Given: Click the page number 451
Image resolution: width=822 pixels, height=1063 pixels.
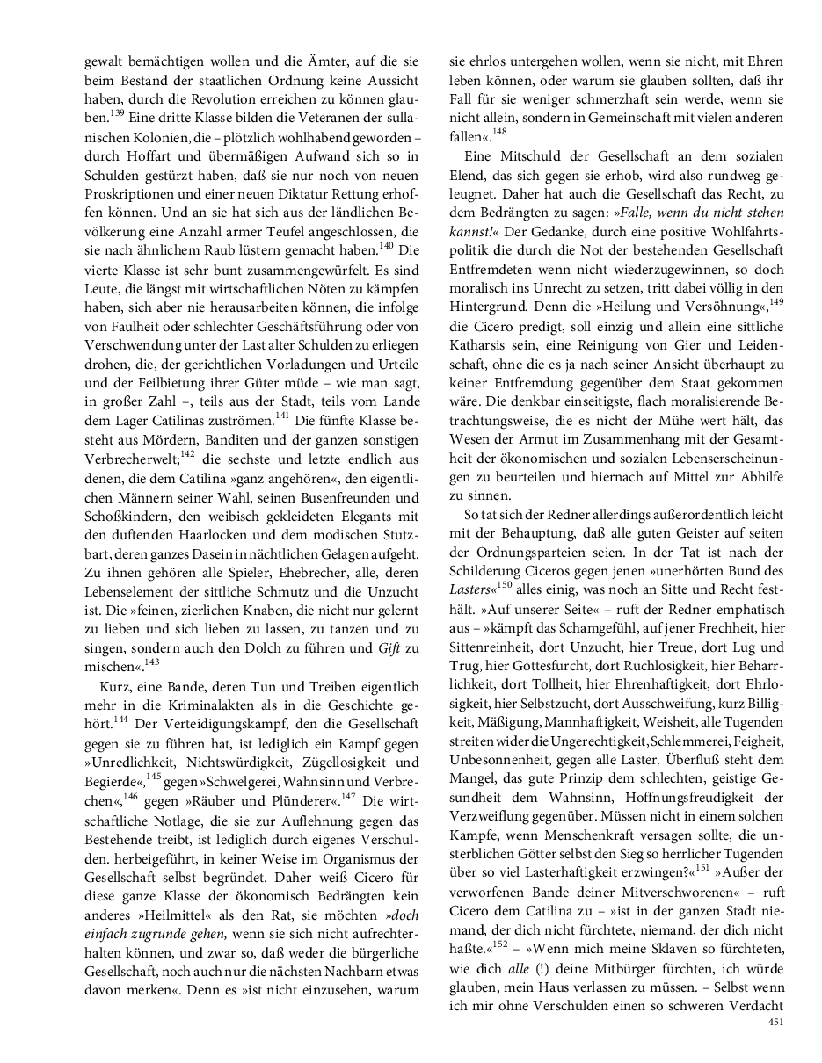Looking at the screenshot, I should (775, 1022).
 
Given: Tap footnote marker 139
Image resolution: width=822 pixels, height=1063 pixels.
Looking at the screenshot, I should (116, 112).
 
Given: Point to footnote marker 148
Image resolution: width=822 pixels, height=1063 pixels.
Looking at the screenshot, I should (498, 131).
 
